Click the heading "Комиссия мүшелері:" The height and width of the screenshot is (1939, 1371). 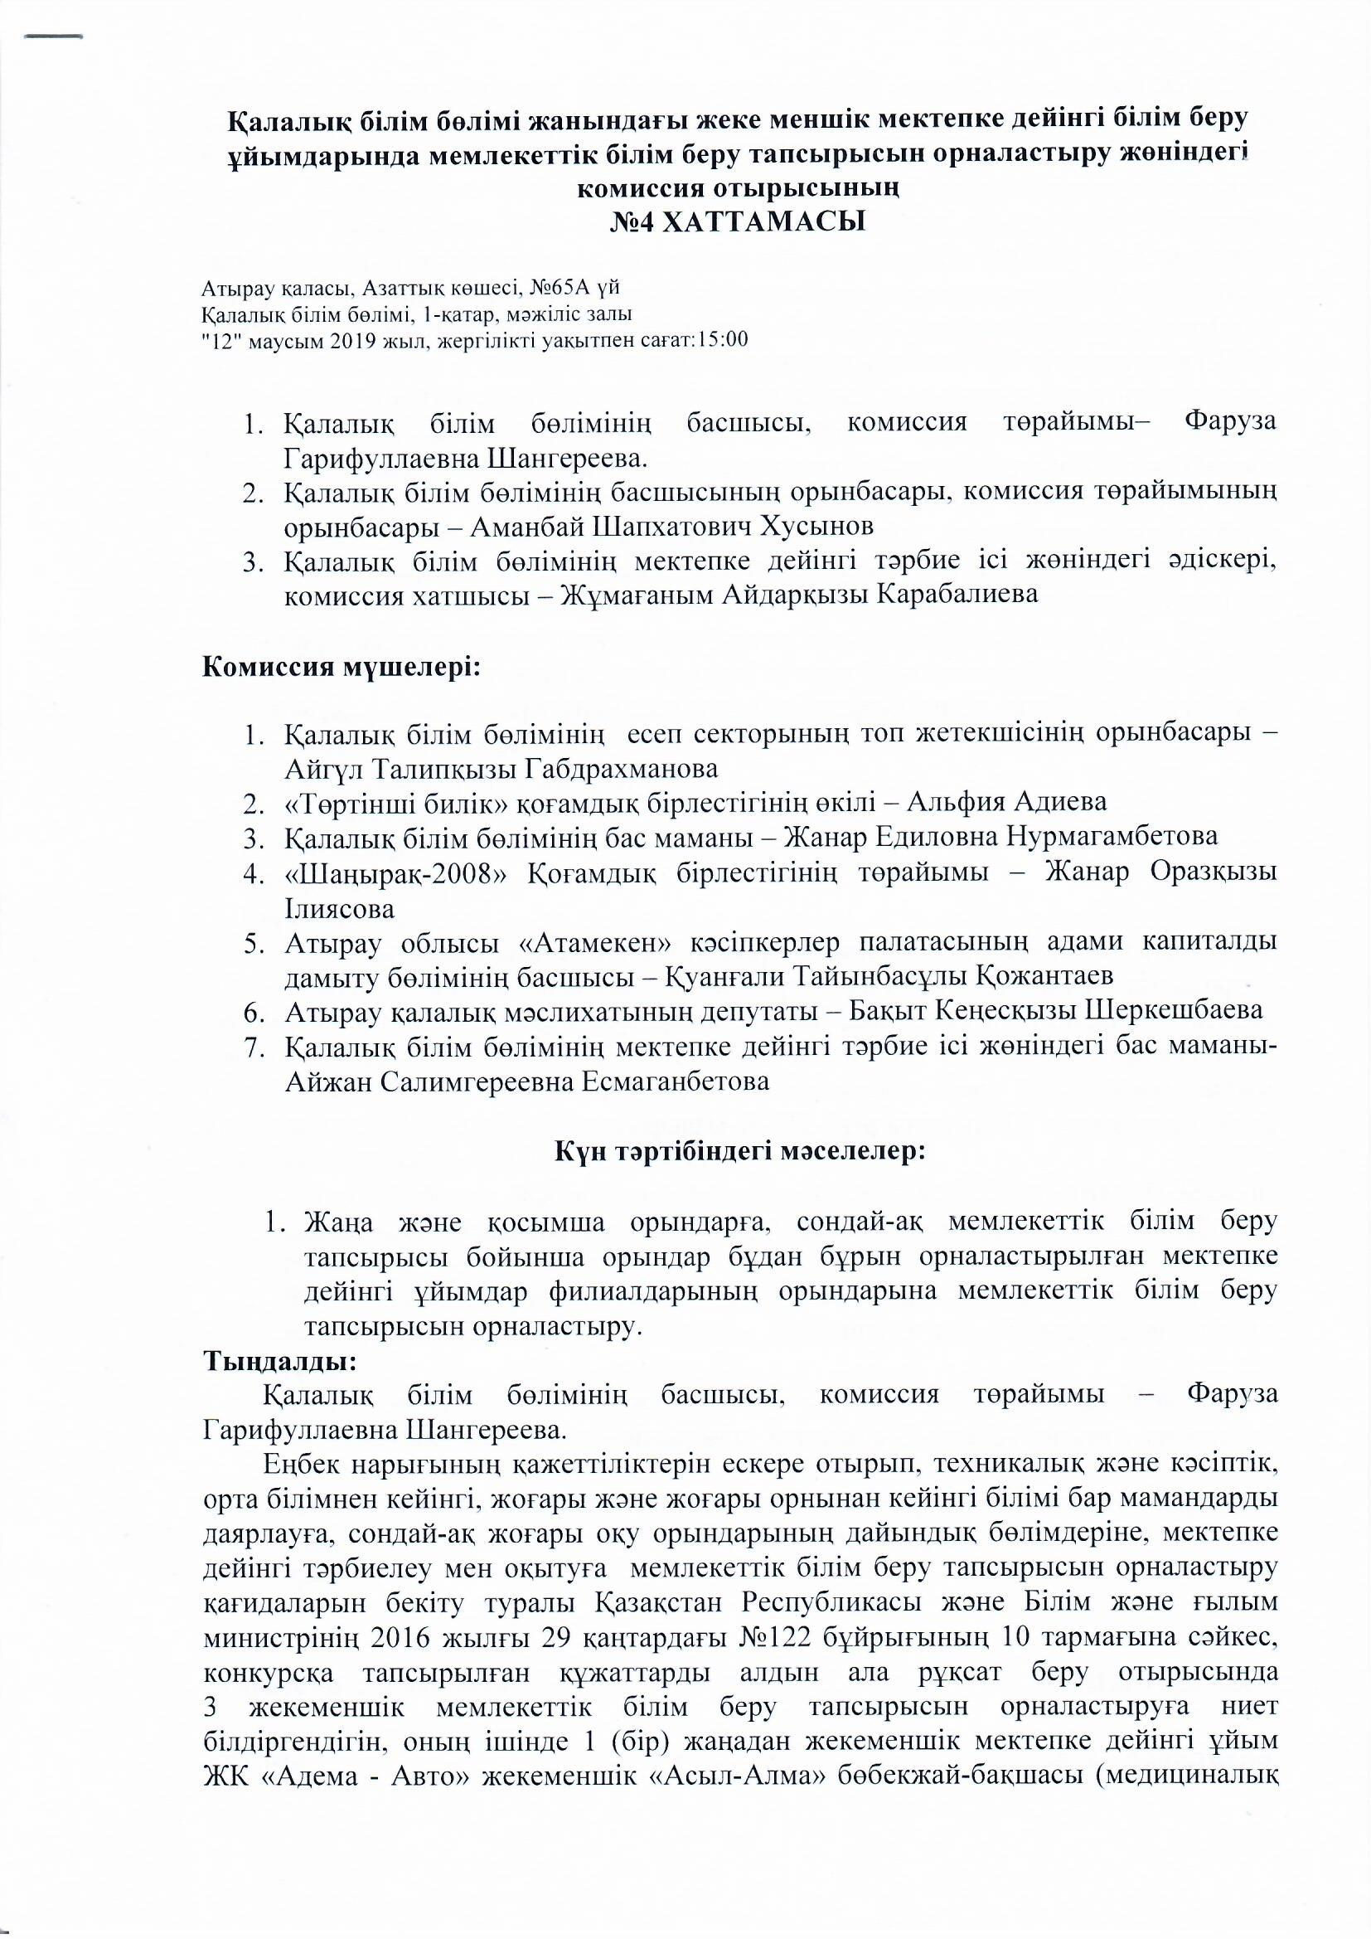[x=342, y=667]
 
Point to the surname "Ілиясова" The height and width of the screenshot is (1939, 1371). [x=339, y=908]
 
